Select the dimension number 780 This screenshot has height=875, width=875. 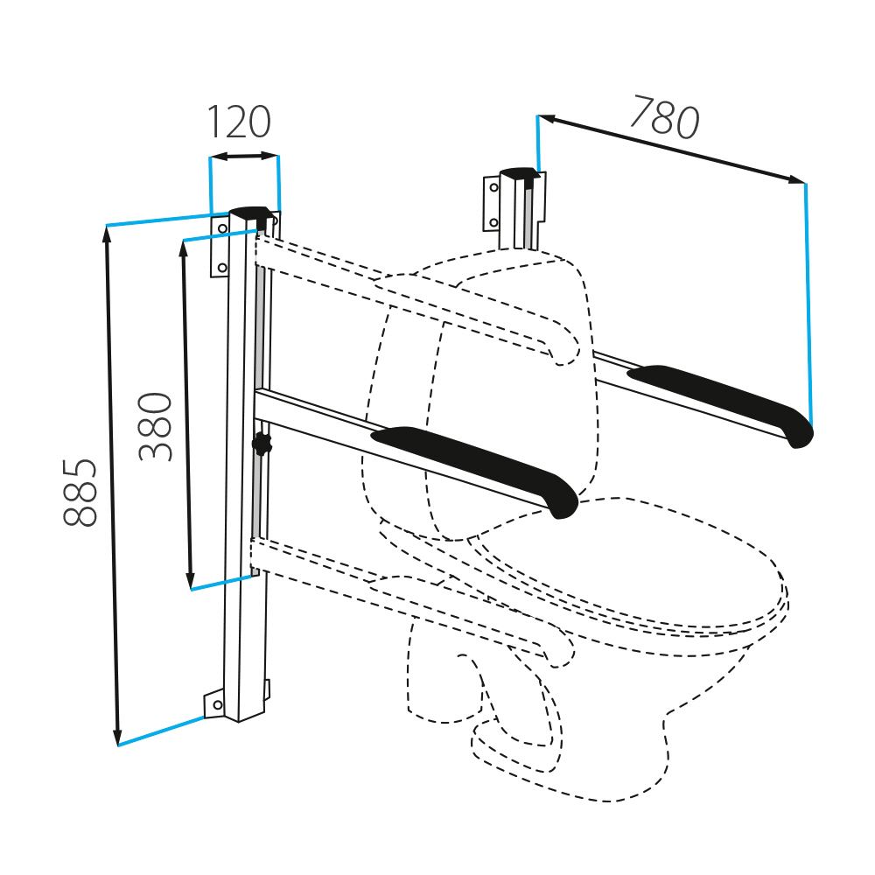click(x=664, y=118)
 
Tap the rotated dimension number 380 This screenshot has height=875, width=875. click(x=156, y=426)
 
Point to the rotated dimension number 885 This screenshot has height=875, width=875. click(x=80, y=493)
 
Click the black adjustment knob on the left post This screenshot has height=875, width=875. click(x=262, y=444)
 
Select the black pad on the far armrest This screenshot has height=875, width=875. click(x=721, y=403)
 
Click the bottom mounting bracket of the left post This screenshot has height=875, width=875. click(x=215, y=704)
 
